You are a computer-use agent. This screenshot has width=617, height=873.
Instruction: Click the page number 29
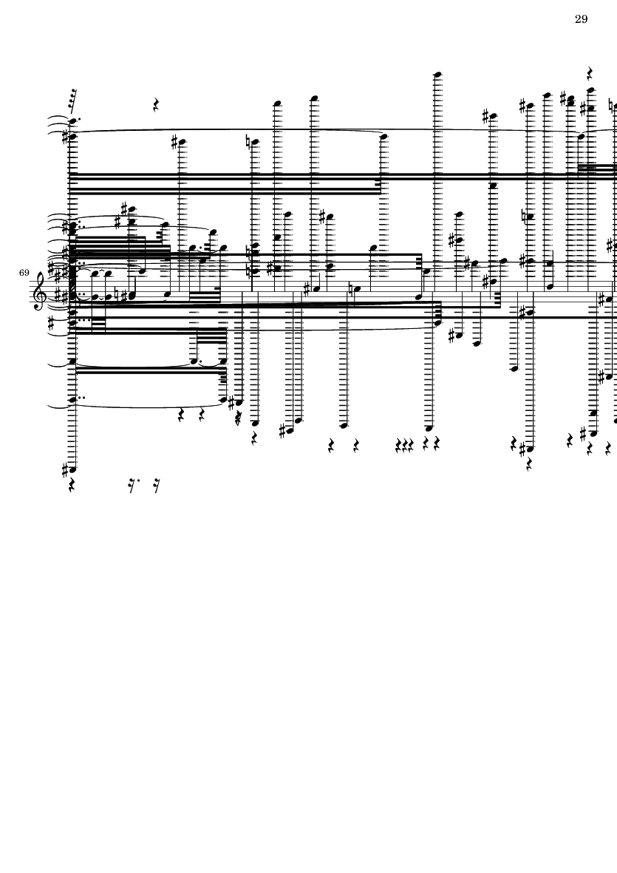click(581, 19)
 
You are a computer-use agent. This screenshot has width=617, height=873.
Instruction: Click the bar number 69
click(24, 273)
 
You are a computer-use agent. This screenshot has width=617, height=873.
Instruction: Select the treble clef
click(41, 290)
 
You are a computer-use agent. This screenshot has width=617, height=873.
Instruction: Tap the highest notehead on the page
click(438, 74)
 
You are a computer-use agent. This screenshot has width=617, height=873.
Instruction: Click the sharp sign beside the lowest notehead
click(65, 470)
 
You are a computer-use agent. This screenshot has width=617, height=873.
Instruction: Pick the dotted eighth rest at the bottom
click(132, 486)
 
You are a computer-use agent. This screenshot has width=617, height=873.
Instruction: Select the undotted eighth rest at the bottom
click(157, 486)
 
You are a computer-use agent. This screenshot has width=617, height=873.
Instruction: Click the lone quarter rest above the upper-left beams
click(157, 104)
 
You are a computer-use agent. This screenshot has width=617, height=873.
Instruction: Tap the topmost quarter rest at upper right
click(590, 73)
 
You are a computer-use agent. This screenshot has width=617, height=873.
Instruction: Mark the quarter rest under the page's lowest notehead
click(72, 486)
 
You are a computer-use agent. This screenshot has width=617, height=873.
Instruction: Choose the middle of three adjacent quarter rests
click(404, 446)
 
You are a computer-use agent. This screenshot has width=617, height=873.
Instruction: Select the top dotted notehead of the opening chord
click(73, 120)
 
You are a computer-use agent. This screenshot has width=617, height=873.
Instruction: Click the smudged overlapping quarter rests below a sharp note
click(239, 418)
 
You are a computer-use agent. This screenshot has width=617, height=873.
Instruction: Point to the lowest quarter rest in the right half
click(528, 463)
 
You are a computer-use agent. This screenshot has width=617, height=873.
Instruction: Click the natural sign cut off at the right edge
click(611, 105)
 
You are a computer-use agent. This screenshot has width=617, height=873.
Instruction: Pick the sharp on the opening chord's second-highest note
click(66, 136)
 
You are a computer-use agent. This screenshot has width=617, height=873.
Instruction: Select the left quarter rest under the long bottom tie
click(181, 415)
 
